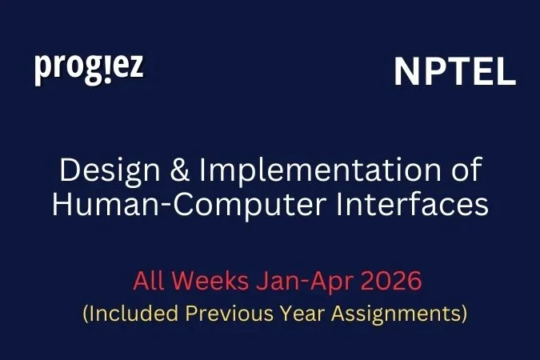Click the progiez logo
tap(89, 69)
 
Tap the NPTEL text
tap(454, 74)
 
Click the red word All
tap(149, 282)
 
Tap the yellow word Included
tap(127, 313)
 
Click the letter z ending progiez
tap(137, 67)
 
